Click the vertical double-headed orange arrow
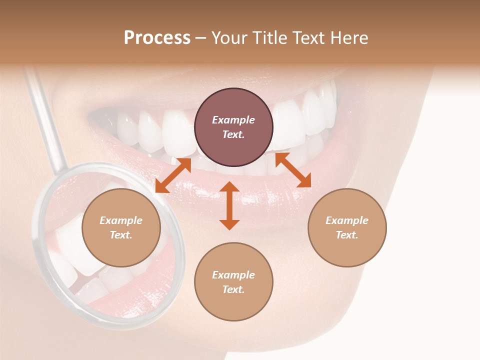229,205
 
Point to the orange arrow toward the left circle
173,175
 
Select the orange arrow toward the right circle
293,170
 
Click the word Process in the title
157,38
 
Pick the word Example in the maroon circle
233,120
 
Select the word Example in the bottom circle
233,275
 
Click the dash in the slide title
201,38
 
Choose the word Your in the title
228,38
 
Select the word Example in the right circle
347,220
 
